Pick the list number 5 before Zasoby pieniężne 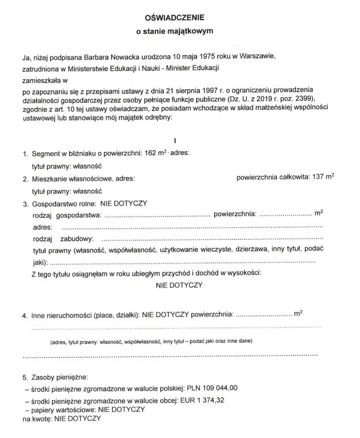pyautogui.click(x=24, y=376)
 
